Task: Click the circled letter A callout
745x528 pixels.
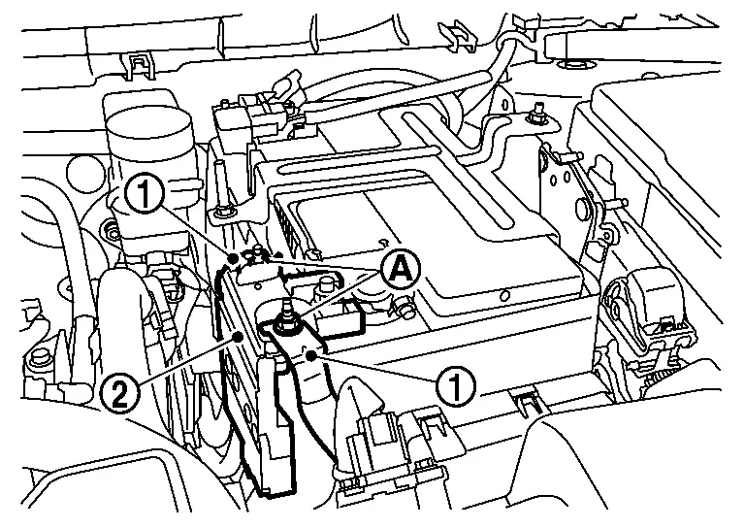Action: tap(401, 271)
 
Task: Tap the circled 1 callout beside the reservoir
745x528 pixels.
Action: tap(145, 193)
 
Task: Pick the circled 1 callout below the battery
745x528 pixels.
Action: tap(456, 387)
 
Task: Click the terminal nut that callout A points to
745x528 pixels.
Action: tap(286, 324)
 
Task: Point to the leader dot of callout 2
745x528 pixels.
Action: tap(239, 337)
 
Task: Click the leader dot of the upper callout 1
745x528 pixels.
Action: tap(233, 258)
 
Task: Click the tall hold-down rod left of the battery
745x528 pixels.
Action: tap(221, 187)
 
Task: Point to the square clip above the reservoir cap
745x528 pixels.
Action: tap(140, 67)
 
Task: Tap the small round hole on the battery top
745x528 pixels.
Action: tap(505, 296)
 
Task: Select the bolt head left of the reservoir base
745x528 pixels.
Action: tap(112, 231)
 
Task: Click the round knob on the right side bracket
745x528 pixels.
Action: tap(581, 207)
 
